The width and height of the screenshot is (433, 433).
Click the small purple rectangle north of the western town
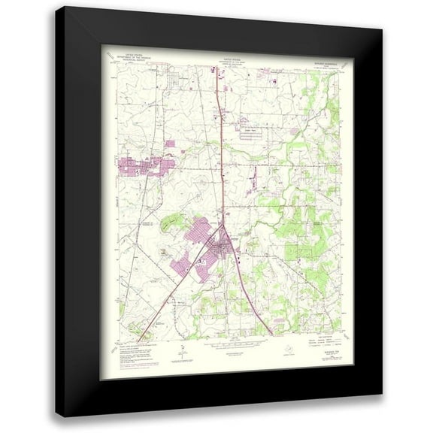tap(169, 143)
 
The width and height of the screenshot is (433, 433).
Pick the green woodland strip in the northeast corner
tap(332, 90)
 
